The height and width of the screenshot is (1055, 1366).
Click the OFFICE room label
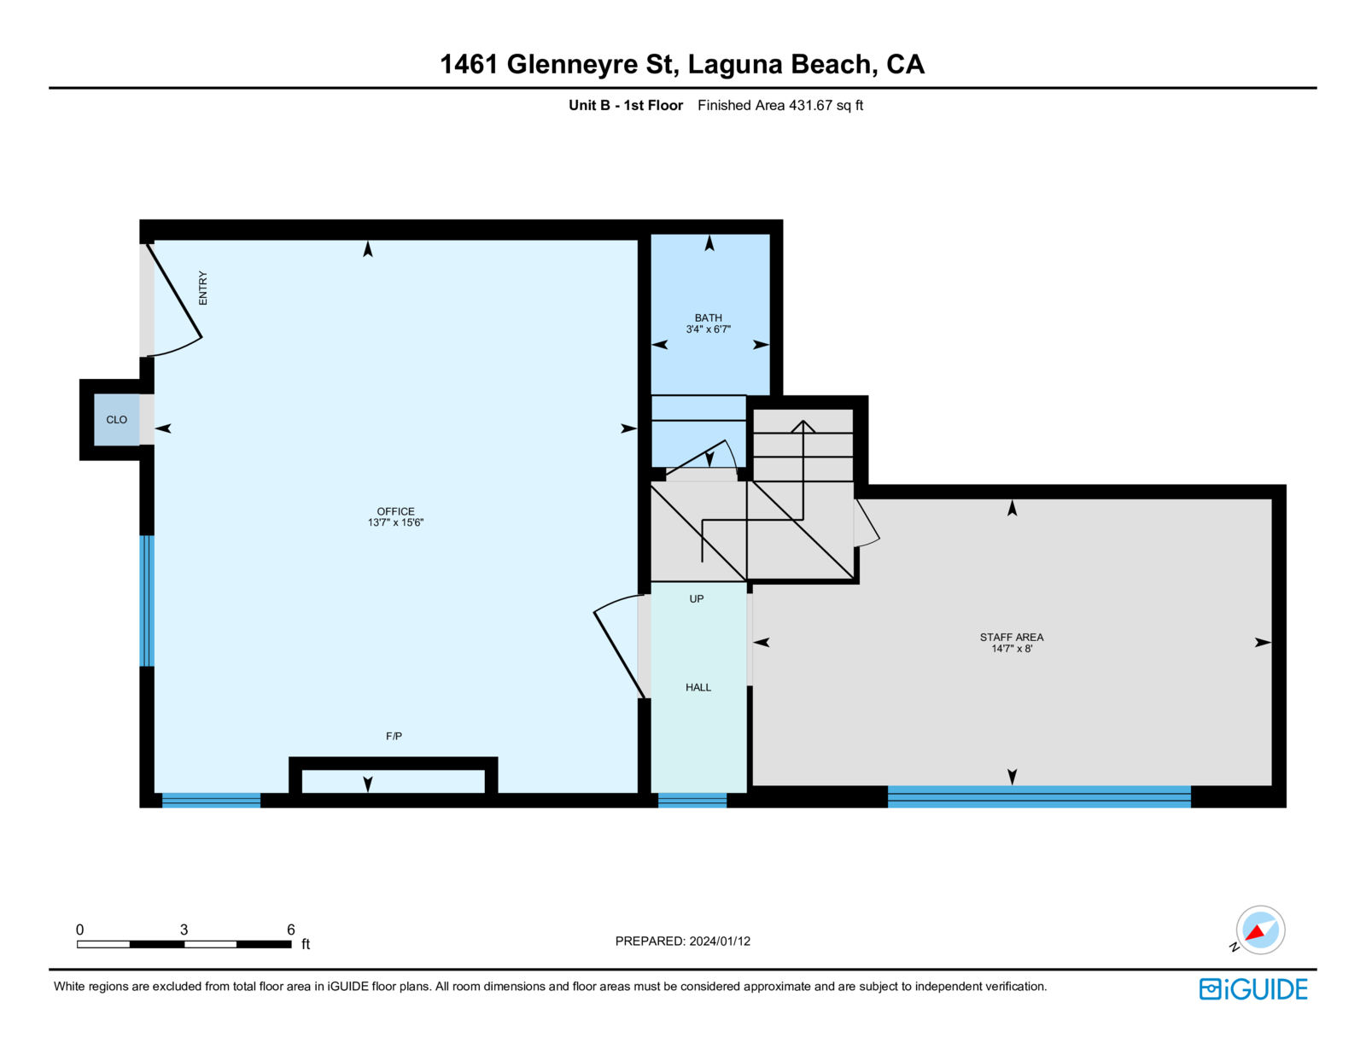pyautogui.click(x=395, y=511)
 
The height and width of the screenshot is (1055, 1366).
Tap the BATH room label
pyautogui.click(x=708, y=318)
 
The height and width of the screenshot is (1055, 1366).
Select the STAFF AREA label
pyautogui.click(x=1012, y=637)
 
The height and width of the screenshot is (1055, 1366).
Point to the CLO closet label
pyautogui.click(x=117, y=420)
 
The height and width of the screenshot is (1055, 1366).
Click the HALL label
pyautogui.click(x=698, y=687)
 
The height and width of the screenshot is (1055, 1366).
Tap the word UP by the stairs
pyautogui.click(x=697, y=599)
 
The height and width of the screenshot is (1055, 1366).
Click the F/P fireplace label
pyautogui.click(x=394, y=736)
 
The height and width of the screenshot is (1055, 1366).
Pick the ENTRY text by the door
pyautogui.click(x=203, y=289)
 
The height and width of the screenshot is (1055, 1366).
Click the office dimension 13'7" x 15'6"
pyautogui.click(x=395, y=522)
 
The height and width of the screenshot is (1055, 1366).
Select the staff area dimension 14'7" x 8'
pyautogui.click(x=1012, y=649)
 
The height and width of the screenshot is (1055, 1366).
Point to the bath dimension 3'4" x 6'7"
pyautogui.click(x=708, y=329)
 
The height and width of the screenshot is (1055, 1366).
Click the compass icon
pyautogui.click(x=1260, y=930)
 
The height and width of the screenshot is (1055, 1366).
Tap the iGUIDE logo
pyautogui.click(x=1253, y=989)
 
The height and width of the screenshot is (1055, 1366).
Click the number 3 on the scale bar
pyautogui.click(x=184, y=930)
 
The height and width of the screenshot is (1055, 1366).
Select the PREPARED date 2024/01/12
pyautogui.click(x=720, y=941)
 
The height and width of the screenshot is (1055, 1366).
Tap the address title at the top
pyautogui.click(x=682, y=64)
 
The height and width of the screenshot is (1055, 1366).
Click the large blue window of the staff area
pyautogui.click(x=1039, y=796)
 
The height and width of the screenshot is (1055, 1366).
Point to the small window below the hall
pyautogui.click(x=692, y=800)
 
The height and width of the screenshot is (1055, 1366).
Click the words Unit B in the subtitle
pyautogui.click(x=589, y=106)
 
